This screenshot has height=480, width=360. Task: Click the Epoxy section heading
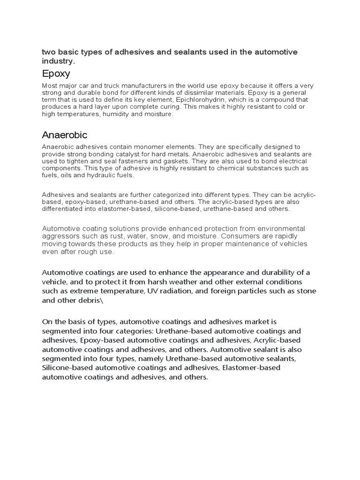pyautogui.click(x=56, y=74)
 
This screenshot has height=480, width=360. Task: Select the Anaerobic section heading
pyautogui.click(x=64, y=135)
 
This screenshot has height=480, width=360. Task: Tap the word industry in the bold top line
pyautogui.click(x=58, y=61)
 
